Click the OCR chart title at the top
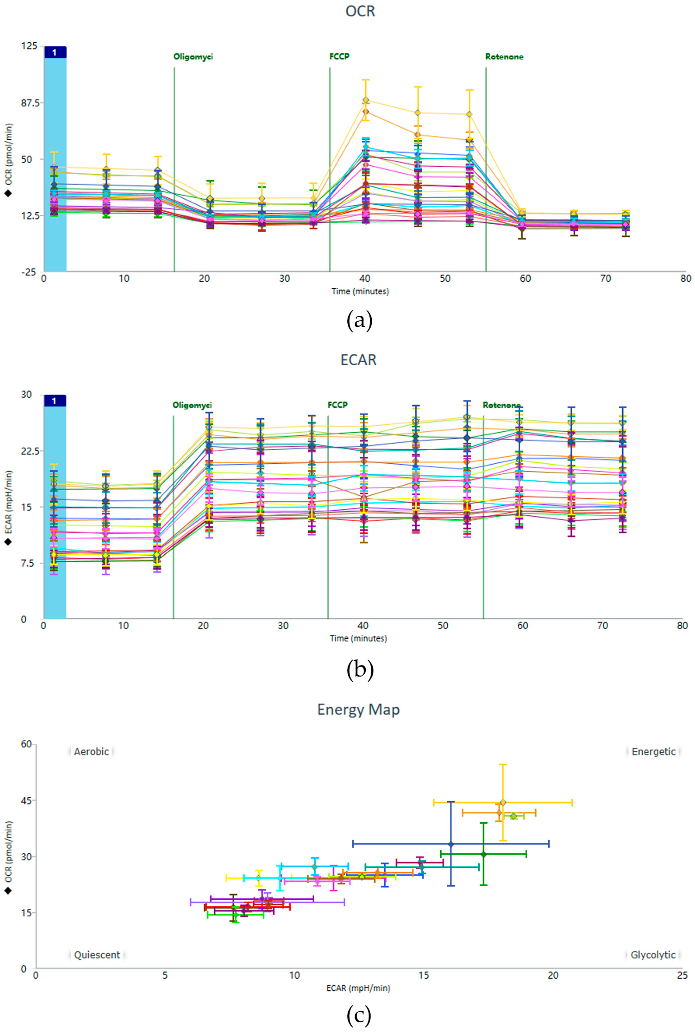pyautogui.click(x=360, y=11)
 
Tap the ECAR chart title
pyautogui.click(x=358, y=360)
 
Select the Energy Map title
pyautogui.click(x=358, y=709)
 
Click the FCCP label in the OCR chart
pyautogui.click(x=339, y=57)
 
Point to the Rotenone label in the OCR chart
pyautogui.click(x=504, y=57)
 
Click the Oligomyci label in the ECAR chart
pyautogui.click(x=192, y=405)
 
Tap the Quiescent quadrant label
pyautogui.click(x=97, y=955)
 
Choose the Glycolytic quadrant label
pyautogui.click(x=653, y=955)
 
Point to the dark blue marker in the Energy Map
pyautogui.click(x=451, y=844)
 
